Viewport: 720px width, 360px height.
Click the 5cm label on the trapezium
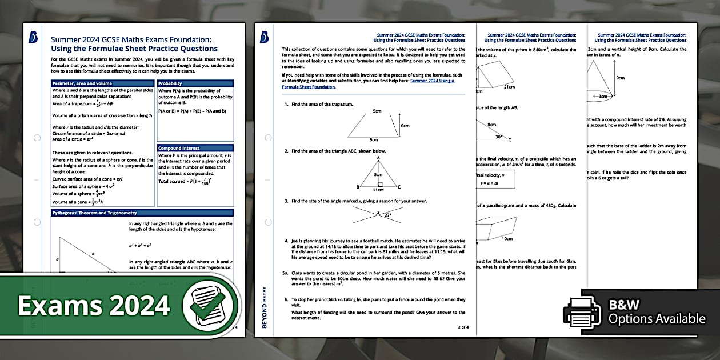click(377, 110)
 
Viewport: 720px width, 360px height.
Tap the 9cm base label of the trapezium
click(374, 139)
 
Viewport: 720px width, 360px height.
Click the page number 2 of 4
click(462, 327)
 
